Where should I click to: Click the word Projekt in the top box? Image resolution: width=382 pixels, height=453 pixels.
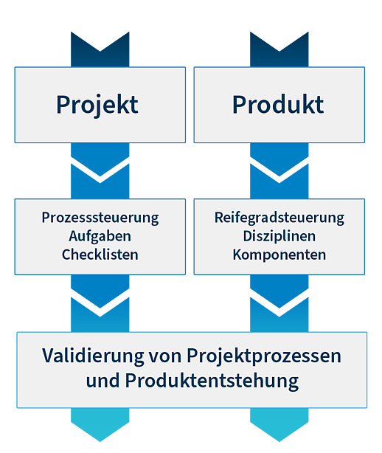tap(97, 106)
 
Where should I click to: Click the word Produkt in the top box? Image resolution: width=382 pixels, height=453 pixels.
tap(278, 104)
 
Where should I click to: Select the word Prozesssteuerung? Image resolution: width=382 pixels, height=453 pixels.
tap(100, 218)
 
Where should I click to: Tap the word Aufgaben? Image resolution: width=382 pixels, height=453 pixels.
tap(100, 237)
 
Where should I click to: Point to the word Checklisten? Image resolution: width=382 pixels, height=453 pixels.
tap(100, 255)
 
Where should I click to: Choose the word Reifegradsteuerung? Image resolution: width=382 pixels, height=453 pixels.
tap(279, 218)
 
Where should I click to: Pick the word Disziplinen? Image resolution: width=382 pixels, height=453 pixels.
tap(279, 237)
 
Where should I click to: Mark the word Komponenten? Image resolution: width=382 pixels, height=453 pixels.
tap(279, 255)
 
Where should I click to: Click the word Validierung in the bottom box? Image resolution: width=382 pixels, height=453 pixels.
tap(93, 356)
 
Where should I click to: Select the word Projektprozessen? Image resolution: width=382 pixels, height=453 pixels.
tap(264, 356)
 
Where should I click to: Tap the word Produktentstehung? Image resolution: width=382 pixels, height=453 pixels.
tap(212, 381)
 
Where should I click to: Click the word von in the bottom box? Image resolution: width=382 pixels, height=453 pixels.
tap(165, 357)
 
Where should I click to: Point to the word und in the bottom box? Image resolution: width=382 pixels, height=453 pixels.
tap(103, 380)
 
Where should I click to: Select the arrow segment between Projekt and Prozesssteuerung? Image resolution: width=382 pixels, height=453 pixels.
tap(100, 171)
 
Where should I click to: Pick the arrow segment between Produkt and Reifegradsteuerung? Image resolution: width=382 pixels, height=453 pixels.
tap(279, 171)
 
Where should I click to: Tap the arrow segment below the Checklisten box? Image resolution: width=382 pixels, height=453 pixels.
tap(100, 303)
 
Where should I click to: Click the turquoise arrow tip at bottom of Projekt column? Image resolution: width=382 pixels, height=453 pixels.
tap(100, 425)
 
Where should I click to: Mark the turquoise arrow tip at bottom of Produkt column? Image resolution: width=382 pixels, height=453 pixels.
tap(279, 425)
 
